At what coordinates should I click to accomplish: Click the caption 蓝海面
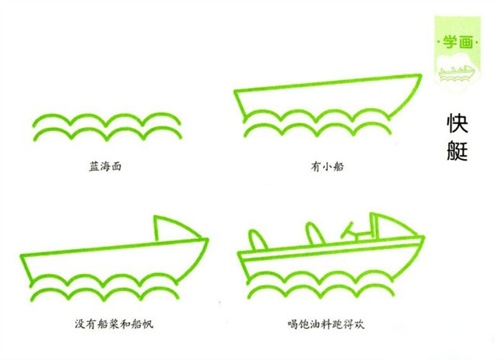coord(105,167)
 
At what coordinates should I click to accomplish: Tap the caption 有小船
coord(327,167)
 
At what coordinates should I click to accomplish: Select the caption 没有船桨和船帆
coord(114,324)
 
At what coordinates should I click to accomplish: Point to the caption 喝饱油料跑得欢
coord(326,324)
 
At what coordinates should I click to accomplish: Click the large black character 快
coord(457,123)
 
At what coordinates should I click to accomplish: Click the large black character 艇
coord(457,151)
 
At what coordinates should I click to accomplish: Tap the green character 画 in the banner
coord(466,42)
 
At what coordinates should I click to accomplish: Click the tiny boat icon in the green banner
coord(457,73)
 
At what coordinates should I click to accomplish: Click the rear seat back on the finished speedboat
coord(257,240)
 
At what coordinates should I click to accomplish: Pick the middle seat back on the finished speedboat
coord(315,234)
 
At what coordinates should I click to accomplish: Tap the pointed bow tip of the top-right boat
coord(421,75)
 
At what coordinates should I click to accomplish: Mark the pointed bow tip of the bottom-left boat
coord(207,239)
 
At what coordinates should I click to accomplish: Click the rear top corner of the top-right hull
coord(235,92)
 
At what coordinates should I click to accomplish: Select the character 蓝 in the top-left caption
coord(94,167)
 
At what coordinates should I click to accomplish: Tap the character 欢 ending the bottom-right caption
coord(359,324)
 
